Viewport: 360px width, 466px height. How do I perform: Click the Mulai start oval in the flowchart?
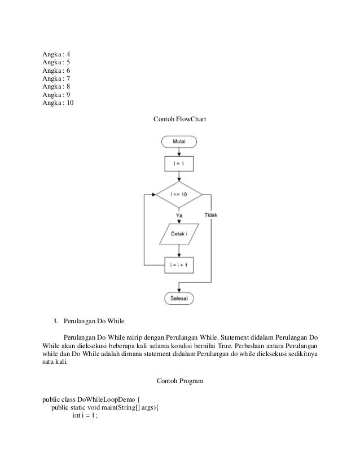[178, 142]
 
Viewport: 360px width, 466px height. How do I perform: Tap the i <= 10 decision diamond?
[178, 195]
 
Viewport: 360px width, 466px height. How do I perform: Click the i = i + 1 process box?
[178, 264]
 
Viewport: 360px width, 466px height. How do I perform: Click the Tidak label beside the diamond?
[211, 215]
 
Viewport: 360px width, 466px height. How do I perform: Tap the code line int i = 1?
[85, 416]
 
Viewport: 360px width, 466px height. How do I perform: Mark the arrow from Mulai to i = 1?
[178, 151]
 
